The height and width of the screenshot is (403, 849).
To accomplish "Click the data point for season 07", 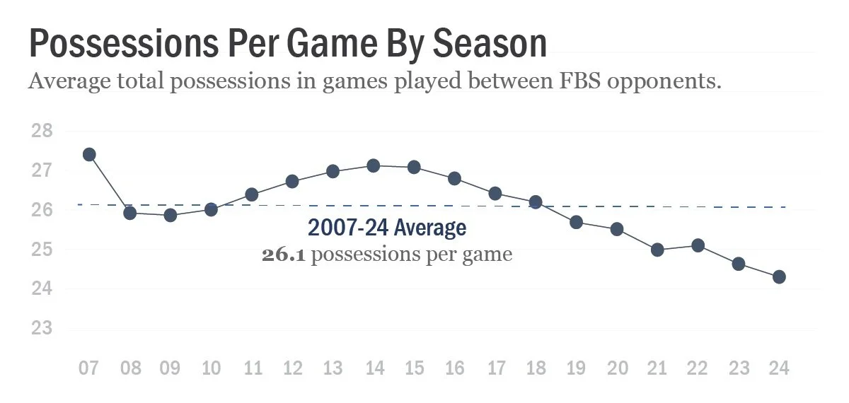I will click(x=89, y=154).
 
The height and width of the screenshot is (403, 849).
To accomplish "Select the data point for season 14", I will click(x=374, y=165).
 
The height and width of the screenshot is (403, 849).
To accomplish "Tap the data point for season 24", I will click(x=779, y=277).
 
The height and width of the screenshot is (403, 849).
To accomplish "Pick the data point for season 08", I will click(x=130, y=213).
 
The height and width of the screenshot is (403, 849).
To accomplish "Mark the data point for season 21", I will click(x=657, y=250).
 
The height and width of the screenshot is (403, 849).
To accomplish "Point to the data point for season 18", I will click(x=536, y=202).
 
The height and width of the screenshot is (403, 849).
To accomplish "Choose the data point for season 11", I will click(x=251, y=194).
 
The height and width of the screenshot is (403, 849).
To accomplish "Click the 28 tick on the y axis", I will click(x=42, y=132).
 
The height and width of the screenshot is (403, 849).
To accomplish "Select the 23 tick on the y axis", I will click(x=42, y=329).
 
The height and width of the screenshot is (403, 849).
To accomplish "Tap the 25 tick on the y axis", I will click(x=42, y=250).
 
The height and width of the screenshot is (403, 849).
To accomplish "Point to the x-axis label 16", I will click(x=455, y=368).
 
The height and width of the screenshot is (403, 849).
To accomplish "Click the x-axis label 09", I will click(x=171, y=368).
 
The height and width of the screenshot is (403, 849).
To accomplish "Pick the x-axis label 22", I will click(x=698, y=368).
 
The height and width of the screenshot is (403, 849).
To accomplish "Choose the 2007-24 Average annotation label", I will click(x=386, y=228).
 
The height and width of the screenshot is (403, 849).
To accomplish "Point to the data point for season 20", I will click(x=616, y=229).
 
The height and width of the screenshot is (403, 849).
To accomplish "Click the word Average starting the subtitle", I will click(x=69, y=81).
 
